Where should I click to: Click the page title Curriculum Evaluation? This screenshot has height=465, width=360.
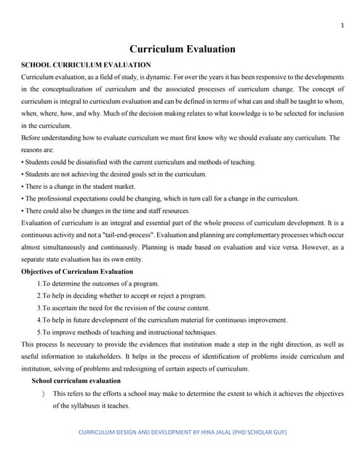(x=182, y=49)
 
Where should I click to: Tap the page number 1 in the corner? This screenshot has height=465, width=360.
(x=341, y=26)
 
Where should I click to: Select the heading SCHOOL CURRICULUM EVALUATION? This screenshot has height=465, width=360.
(x=87, y=65)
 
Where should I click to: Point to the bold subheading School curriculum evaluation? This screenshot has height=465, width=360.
(x=76, y=380)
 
